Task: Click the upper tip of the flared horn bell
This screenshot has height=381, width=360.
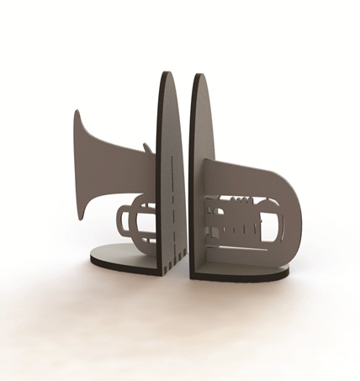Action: point(77,110)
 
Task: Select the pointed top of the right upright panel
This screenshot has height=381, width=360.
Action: point(199,76)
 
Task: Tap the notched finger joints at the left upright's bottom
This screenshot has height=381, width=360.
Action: point(172,252)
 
